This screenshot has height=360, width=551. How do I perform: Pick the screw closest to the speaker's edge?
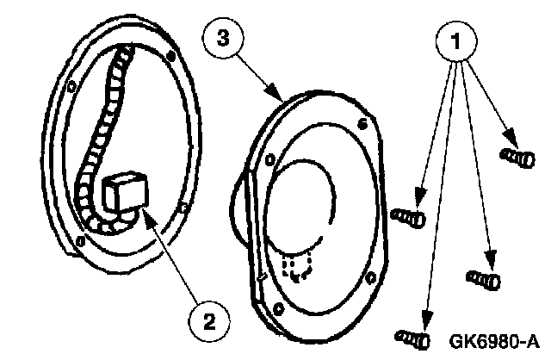[x=409, y=216]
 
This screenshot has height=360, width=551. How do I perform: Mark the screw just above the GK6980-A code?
[x=482, y=278]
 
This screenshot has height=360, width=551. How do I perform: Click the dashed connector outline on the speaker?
[x=295, y=266]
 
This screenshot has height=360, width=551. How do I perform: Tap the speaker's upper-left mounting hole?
[x=270, y=158]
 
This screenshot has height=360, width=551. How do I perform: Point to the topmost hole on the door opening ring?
[x=171, y=58]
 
